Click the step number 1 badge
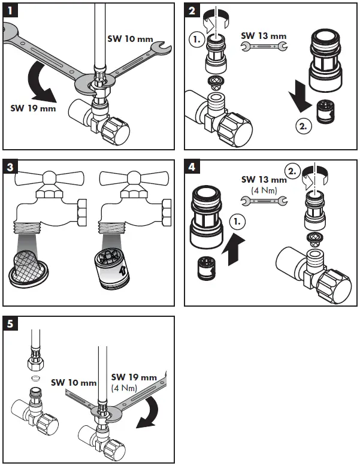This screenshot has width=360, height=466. tap(11, 10)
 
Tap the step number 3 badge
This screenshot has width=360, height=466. tap(11, 167)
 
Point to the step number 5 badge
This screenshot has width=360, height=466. tap(11, 324)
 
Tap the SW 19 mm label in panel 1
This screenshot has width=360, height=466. tap(33, 108)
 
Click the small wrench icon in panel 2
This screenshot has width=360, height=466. tap(264, 47)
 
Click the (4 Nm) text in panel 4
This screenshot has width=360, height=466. tap(264, 190)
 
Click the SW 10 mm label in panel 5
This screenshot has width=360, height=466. tap(74, 382)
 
